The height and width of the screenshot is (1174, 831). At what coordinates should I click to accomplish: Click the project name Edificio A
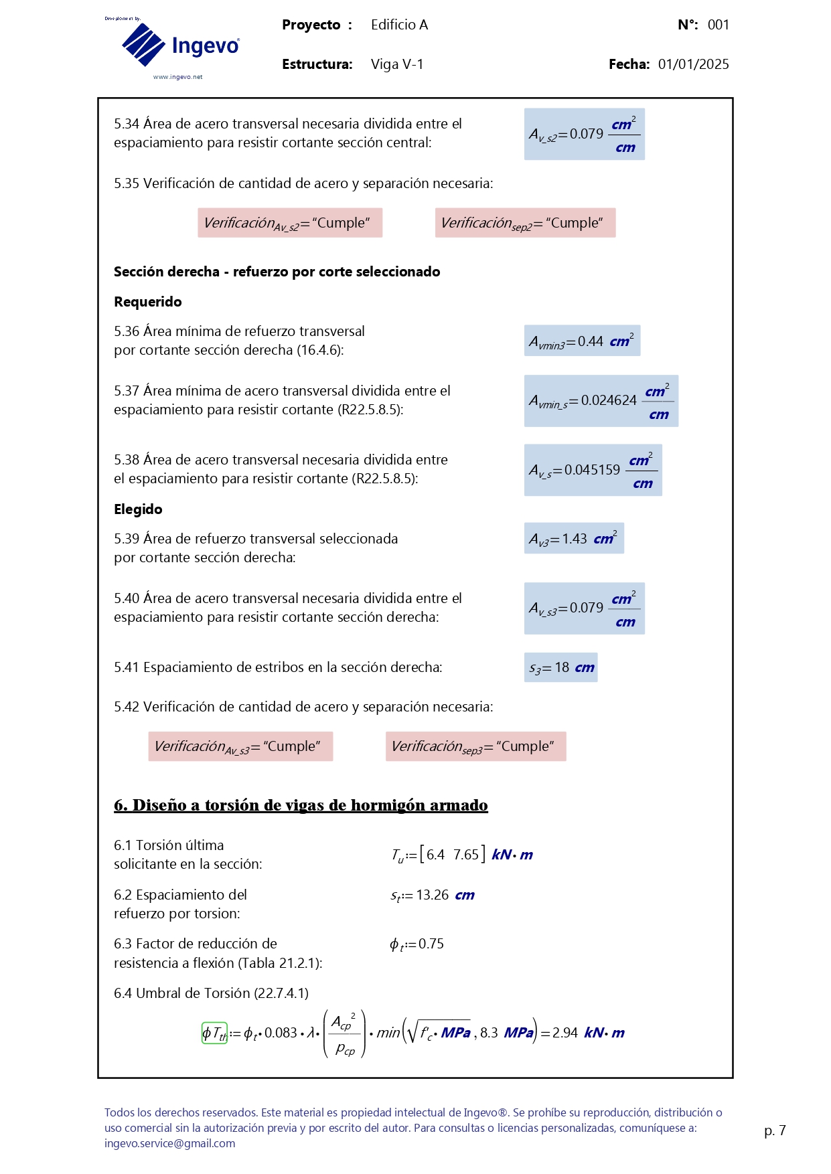pyautogui.click(x=399, y=25)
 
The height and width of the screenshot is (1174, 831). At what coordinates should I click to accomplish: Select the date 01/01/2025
pyautogui.click(x=693, y=64)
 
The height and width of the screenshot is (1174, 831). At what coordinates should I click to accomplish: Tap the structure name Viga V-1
pyautogui.click(x=397, y=64)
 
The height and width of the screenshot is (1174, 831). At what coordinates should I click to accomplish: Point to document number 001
pyautogui.click(x=718, y=25)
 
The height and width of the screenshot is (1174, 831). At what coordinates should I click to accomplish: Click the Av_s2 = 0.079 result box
pyautogui.click(x=584, y=134)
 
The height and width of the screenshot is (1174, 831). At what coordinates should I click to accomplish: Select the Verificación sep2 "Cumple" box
pyautogui.click(x=525, y=223)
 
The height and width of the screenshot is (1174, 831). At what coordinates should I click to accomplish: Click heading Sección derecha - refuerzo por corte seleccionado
pyautogui.click(x=277, y=272)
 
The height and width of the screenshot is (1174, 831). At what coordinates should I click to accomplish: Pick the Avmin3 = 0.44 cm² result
pyautogui.click(x=581, y=341)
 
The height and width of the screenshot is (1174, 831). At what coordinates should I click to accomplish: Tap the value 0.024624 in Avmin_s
pyautogui.click(x=609, y=400)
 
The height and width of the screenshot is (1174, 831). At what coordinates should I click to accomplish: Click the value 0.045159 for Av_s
pyautogui.click(x=592, y=470)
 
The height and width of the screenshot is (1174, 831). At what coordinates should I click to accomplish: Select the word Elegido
pyautogui.click(x=138, y=509)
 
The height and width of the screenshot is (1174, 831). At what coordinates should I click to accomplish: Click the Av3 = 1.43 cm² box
pyautogui.click(x=574, y=539)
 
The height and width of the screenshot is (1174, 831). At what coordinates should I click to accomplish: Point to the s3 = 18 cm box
pyautogui.click(x=560, y=667)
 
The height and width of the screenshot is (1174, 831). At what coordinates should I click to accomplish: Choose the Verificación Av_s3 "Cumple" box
pyautogui.click(x=240, y=746)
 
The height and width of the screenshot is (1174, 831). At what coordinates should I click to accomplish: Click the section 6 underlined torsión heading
pyautogui.click(x=301, y=805)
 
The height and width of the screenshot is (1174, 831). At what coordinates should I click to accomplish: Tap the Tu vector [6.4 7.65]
pyautogui.click(x=452, y=855)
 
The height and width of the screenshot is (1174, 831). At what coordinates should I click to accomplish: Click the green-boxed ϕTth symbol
pyautogui.click(x=214, y=1033)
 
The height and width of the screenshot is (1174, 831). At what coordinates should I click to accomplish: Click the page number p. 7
pyautogui.click(x=775, y=1130)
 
